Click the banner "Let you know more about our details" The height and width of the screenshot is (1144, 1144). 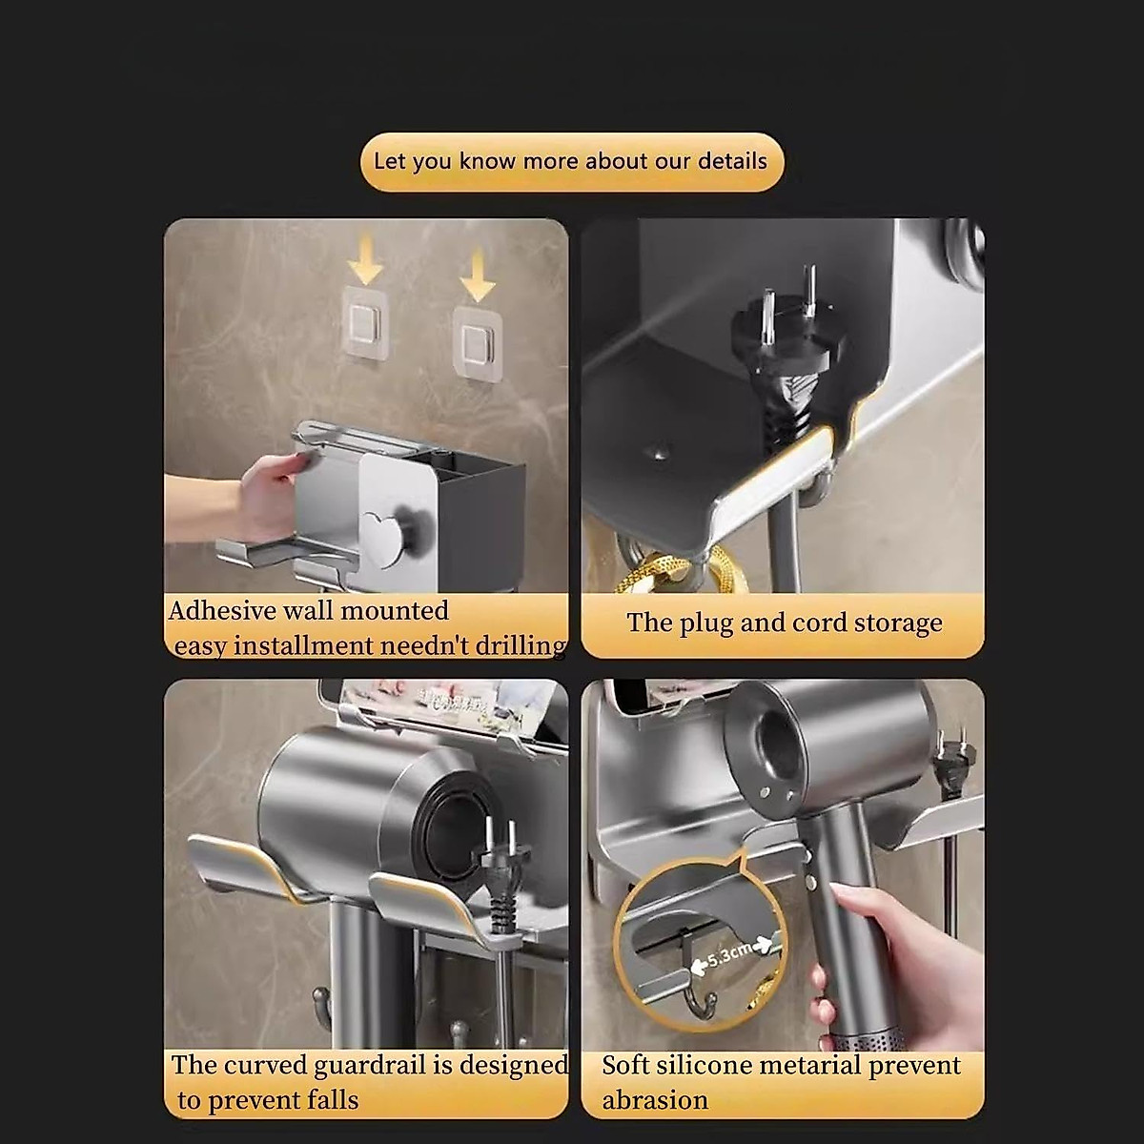(x=571, y=161)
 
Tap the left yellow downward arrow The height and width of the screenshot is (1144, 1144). (x=364, y=260)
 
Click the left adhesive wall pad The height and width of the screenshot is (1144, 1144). (x=366, y=321)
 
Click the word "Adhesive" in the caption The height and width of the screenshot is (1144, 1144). (x=222, y=610)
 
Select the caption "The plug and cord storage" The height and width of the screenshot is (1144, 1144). (x=784, y=623)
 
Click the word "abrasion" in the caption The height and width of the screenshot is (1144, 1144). (x=654, y=1100)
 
